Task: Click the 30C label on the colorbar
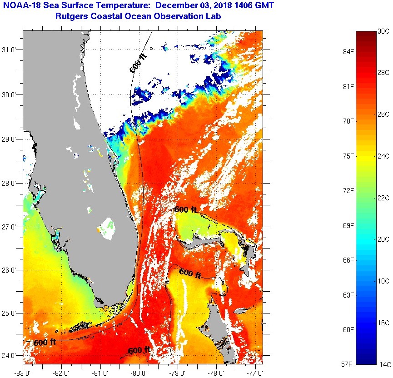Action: coord(384,31)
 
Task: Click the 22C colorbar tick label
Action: coord(384,198)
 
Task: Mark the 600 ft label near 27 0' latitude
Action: coord(185,210)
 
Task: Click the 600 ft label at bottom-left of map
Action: coord(45,342)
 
